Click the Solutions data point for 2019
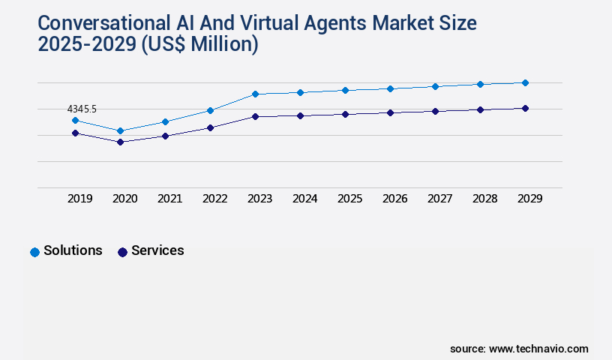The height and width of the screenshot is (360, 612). point(75,120)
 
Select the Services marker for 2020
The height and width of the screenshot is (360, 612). point(120,142)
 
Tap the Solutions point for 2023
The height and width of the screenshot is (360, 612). point(255,94)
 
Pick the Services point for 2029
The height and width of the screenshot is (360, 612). point(525,108)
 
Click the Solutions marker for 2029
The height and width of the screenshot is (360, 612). point(525,82)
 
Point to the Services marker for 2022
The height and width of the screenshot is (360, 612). point(210,127)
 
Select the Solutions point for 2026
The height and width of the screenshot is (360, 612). point(390,88)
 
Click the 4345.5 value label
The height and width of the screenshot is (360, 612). point(82,109)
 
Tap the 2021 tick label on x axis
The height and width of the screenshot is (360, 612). point(169,199)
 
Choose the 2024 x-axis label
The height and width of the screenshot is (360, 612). point(304,199)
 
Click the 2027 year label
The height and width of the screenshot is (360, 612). point(439,199)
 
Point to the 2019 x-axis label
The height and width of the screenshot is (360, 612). point(79,199)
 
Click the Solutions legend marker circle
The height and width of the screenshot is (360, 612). point(34,252)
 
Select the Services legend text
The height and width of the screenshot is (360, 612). point(157,250)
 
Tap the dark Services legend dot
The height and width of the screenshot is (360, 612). point(122,252)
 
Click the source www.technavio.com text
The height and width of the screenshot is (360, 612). point(519,349)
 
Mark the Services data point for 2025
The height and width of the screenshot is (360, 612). point(345,114)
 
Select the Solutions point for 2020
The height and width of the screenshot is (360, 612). point(120,130)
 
